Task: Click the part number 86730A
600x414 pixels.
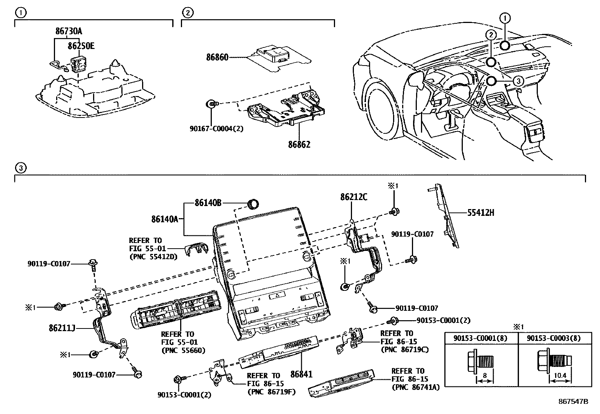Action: [x=68, y=32]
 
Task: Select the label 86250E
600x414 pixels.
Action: [x=81, y=46]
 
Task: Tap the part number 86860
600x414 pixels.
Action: [x=217, y=58]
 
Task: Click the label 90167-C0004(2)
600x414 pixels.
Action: [x=216, y=128]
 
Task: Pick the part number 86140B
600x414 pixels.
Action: [x=208, y=203]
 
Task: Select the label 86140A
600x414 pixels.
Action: [x=165, y=219]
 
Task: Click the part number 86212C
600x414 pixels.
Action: [x=354, y=197]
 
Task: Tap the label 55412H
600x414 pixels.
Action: [x=481, y=212]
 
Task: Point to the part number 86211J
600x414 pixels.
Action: [x=62, y=328]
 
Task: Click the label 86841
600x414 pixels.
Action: [x=302, y=374]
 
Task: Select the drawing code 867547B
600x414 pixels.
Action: [x=573, y=402]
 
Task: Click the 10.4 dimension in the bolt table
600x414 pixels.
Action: [x=560, y=376]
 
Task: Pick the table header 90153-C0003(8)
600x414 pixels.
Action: [x=554, y=338]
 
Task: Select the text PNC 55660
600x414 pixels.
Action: [x=183, y=350]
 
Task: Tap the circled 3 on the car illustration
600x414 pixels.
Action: [x=518, y=81]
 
